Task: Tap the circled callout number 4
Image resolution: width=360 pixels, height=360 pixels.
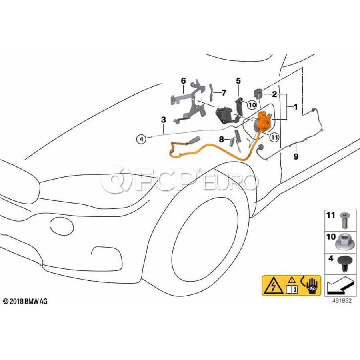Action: [141, 139]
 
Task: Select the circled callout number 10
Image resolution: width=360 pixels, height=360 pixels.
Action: [251, 105]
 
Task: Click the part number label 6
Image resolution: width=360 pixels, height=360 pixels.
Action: [183, 81]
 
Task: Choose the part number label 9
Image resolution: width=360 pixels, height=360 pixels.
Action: [296, 156]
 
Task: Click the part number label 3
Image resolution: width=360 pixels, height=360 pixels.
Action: [163, 119]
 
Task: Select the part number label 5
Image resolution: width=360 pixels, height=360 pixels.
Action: [238, 81]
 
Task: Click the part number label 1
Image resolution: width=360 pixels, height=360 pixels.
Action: [296, 107]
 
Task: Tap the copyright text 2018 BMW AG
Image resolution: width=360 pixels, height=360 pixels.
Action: [25, 301]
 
